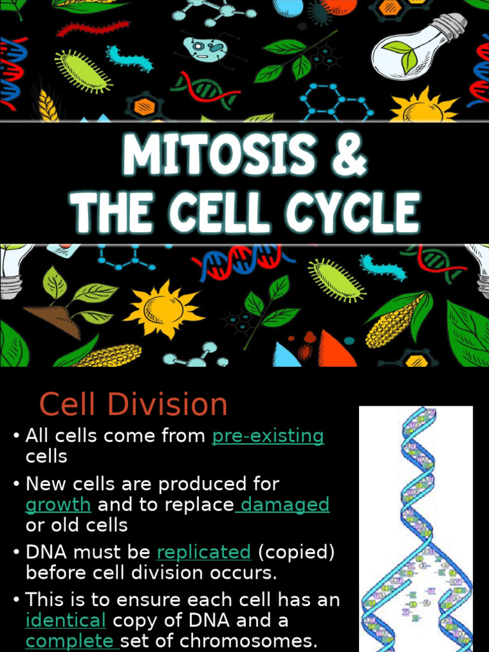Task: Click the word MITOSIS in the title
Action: pyautogui.click(x=217, y=157)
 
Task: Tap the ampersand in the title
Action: pyautogui.click(x=349, y=157)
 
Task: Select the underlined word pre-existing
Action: pyautogui.click(x=267, y=436)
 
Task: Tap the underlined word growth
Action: pyautogui.click(x=58, y=504)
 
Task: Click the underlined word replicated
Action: pyautogui.click(x=204, y=551)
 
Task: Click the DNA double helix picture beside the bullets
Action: pyautogui.click(x=416, y=528)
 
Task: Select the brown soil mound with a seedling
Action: pyautogui.click(x=54, y=320)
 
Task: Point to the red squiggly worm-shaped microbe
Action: pyautogui.click(x=92, y=29)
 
